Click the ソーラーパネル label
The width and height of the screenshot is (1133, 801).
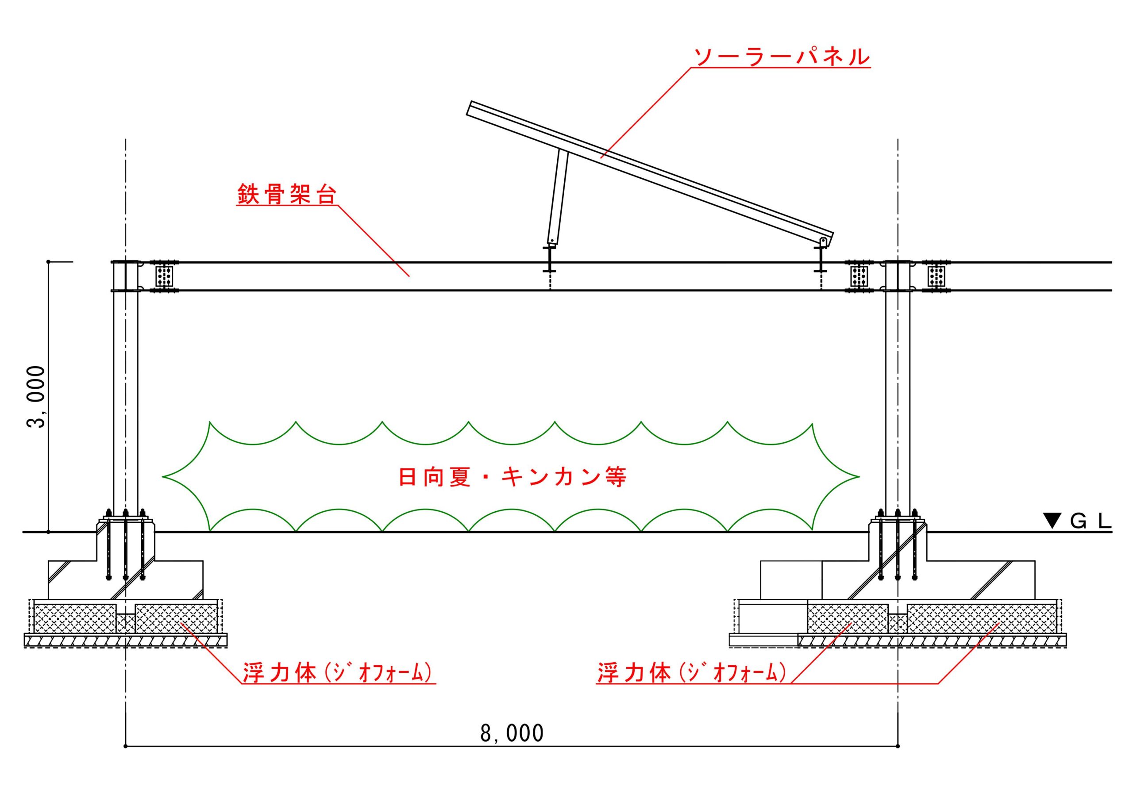click(781, 57)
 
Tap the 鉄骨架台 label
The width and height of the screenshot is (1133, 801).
click(287, 195)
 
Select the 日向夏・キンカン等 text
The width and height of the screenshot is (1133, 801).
click(512, 477)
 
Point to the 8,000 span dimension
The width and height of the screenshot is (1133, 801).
click(512, 733)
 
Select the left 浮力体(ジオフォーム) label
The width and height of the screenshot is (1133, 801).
click(339, 673)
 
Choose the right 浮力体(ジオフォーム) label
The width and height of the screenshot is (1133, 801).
click(691, 673)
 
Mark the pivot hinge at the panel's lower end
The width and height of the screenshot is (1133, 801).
click(823, 241)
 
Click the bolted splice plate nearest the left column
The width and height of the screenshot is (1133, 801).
click(164, 276)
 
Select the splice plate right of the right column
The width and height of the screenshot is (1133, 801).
click(936, 276)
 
